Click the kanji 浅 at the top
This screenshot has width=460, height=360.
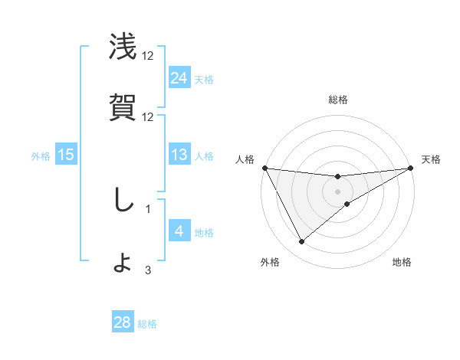coord(123,47)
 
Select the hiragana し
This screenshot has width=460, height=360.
coord(123,200)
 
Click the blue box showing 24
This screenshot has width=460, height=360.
coord(179,77)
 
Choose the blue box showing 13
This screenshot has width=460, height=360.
coord(179,155)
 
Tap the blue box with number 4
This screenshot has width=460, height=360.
coord(179,231)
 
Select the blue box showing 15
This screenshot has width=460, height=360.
coord(66,155)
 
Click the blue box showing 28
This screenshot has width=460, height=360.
coord(123,322)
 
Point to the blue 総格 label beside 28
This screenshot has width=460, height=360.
coord(147,324)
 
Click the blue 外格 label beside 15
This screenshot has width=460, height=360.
coord(41,156)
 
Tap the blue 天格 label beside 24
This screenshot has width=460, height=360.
coord(204,80)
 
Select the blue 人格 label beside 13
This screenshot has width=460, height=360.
coord(204,156)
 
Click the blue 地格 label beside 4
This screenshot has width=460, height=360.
coord(204,233)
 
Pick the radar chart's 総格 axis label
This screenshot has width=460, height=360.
coord(338,100)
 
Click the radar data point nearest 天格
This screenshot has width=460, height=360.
coord(412,168)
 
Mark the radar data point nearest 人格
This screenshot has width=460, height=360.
coord(264,168)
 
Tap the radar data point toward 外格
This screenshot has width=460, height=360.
coord(301,242)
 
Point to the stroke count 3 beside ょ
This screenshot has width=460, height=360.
coord(148,269)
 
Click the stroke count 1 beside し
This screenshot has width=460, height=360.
coord(148,208)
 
